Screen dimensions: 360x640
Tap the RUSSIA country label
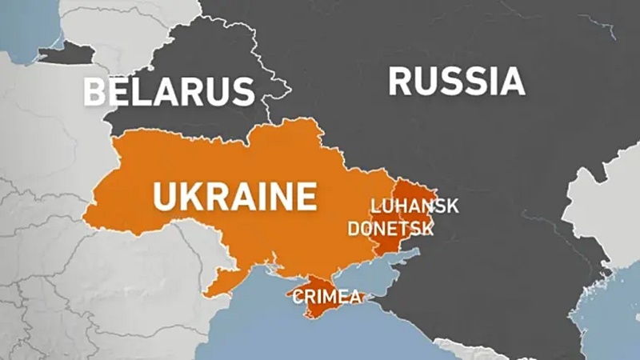point(456,82)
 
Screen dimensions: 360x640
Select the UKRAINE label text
point(234,195)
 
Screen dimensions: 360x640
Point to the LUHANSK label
point(414,206)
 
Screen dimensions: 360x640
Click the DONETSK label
point(390,229)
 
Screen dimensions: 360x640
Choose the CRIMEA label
point(327,298)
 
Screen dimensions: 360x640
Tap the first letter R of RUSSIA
point(401,82)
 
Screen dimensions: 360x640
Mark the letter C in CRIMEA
point(298,298)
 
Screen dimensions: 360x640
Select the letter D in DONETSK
point(354,229)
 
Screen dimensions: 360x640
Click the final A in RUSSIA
point(510,82)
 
